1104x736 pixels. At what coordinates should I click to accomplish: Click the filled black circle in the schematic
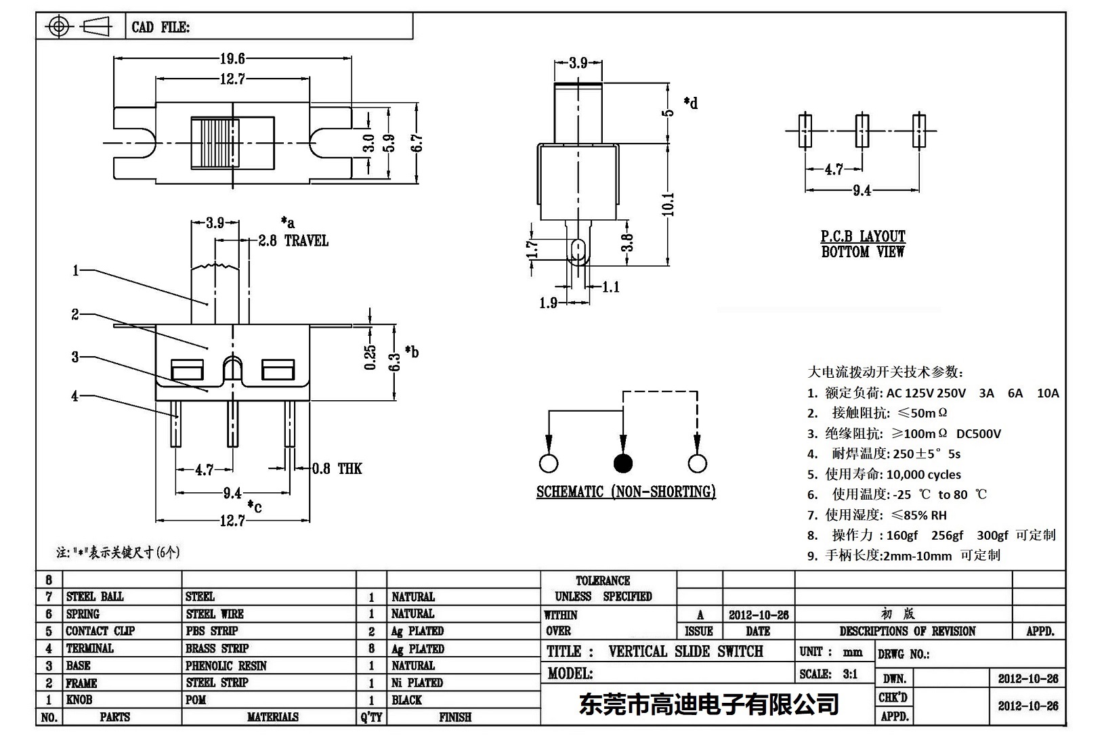pos(622,463)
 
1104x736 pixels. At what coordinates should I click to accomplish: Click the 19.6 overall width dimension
pos(232,59)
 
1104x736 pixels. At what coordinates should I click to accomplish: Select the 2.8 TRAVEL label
pos(293,241)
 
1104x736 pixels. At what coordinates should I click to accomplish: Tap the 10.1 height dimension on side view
pos(668,204)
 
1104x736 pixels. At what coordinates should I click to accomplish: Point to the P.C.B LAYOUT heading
pos(863,236)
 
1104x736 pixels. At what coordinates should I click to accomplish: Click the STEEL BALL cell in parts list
pos(95,597)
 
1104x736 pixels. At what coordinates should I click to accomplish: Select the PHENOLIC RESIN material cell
pos(226,666)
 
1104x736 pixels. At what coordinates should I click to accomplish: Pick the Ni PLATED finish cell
pos(417,683)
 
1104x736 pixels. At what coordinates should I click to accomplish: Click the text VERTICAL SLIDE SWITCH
pos(685,651)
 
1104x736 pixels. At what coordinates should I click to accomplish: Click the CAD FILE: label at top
pos(161,27)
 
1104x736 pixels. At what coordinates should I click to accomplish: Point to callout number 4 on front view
pos(75,396)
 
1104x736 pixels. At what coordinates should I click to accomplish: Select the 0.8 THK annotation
pos(337,469)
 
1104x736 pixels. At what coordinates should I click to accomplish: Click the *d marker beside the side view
pos(691,104)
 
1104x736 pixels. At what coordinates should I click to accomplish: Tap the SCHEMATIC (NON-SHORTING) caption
pos(626,492)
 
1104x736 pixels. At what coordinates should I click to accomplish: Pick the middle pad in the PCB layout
pos(862,130)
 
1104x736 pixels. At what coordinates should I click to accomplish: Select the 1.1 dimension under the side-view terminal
pos(611,287)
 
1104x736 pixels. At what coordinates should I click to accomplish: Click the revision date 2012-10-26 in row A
pos(759,615)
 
